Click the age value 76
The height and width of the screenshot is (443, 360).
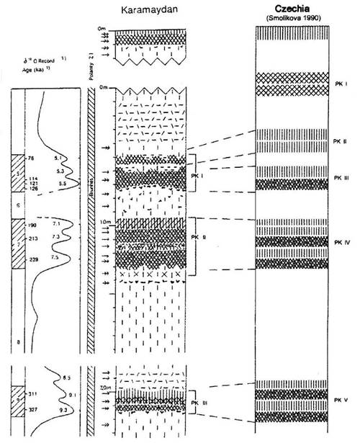[x=31, y=158]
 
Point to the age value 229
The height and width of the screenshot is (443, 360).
[x=32, y=259]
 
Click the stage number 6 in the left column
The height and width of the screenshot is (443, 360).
[x=19, y=205]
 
